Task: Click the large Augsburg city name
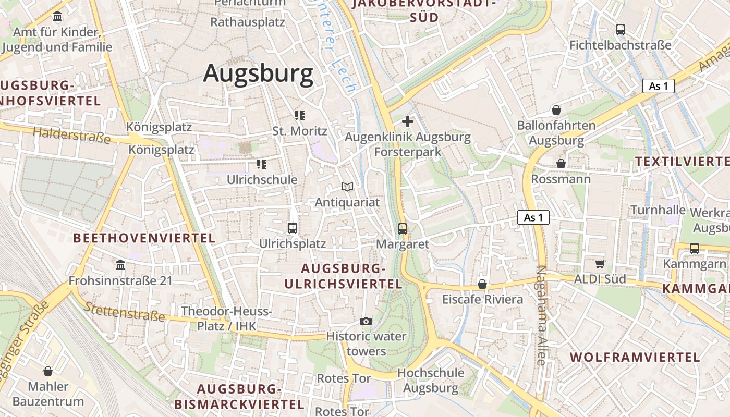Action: coord(258,73)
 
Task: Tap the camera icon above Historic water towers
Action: coord(366,321)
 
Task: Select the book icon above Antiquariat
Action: coord(347,187)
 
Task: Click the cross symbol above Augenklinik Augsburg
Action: coord(408,121)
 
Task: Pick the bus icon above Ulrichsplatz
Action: coord(293,228)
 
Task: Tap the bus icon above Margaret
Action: coord(403,228)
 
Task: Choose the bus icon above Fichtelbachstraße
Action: coord(620,30)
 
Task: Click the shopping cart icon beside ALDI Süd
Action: coord(600,264)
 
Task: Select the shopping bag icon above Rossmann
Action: coord(561,164)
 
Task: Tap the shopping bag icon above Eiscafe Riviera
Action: coord(482,284)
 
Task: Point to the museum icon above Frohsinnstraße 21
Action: coord(120,265)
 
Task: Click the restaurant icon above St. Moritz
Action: coord(299,115)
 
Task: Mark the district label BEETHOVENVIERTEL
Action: coord(144,238)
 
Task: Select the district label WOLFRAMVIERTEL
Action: coord(635,357)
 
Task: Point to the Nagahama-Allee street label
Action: coord(541,315)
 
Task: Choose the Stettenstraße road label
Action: coord(124,311)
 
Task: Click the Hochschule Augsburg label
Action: coord(431,380)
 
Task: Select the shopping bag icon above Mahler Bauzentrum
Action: coord(48,371)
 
